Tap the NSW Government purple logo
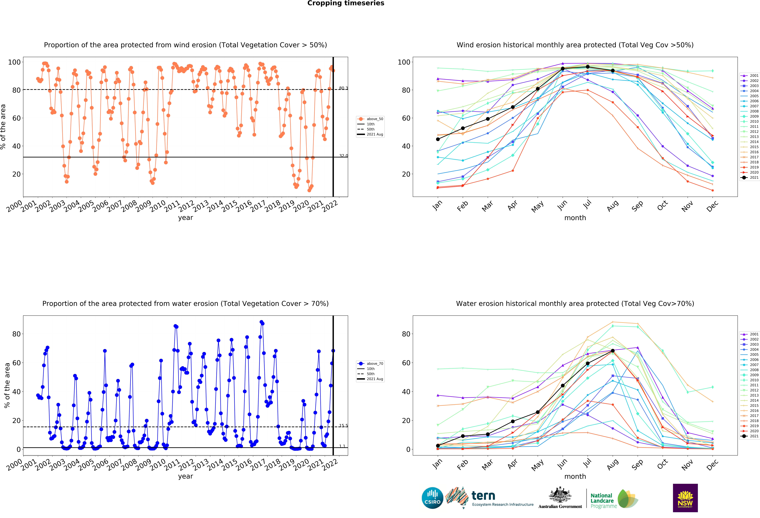pyautogui.click(x=685, y=498)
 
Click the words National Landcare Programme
pyautogui.click(x=603, y=501)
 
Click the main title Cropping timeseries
pyautogui.click(x=346, y=3)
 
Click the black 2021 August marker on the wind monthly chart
pyautogui.click(x=613, y=71)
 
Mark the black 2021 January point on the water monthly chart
pyautogui.click(x=438, y=446)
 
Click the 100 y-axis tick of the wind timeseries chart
pyautogui.click(x=14, y=62)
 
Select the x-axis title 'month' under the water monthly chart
pyautogui.click(x=575, y=476)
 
